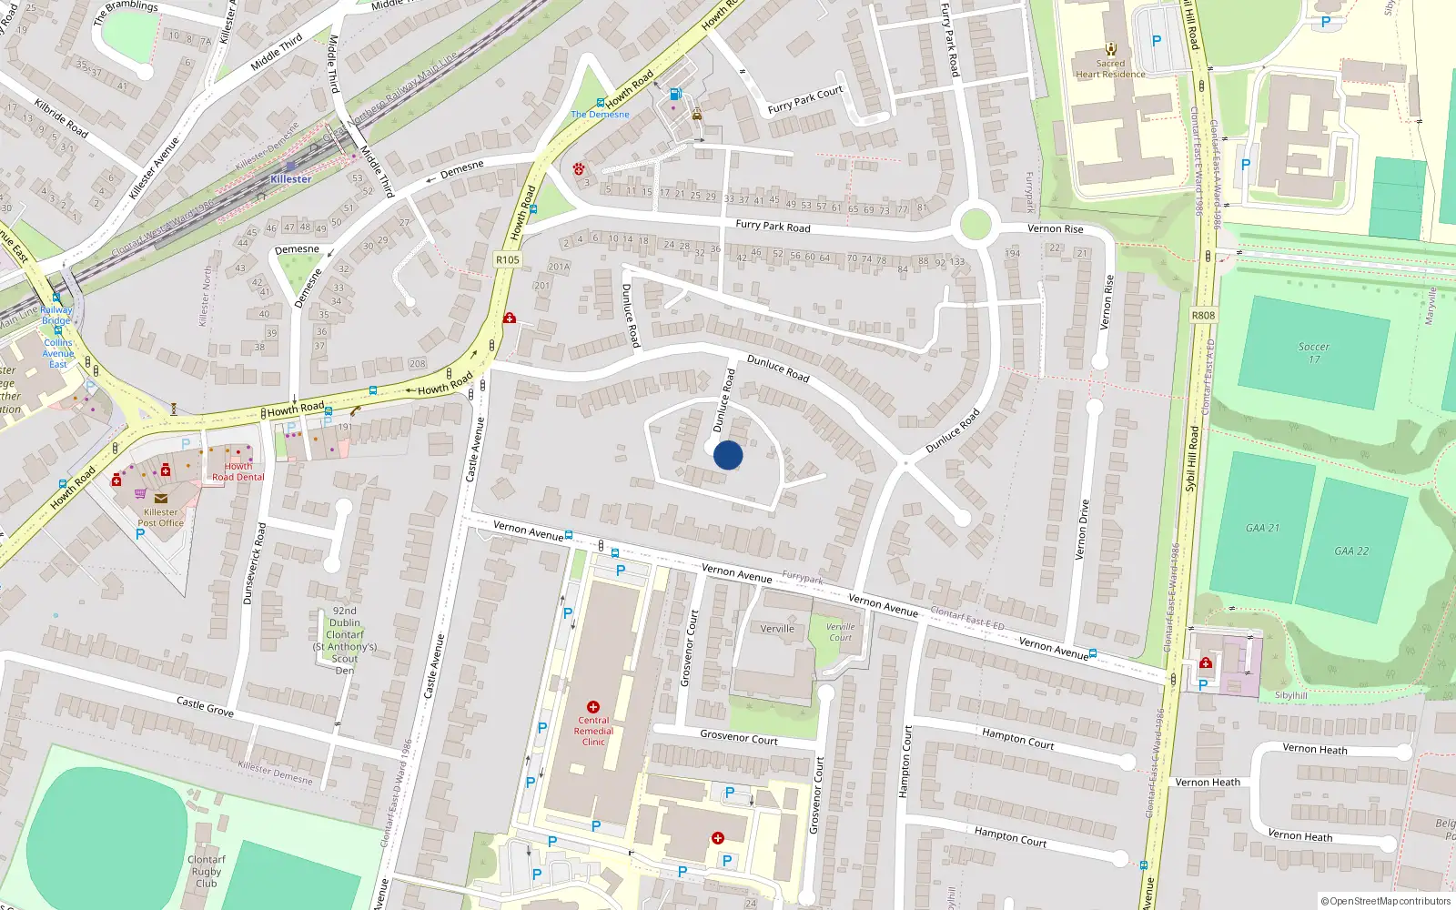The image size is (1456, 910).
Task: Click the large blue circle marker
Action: [728, 455]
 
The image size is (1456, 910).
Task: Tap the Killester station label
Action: [290, 179]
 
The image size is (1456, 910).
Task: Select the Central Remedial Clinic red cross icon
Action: [593, 707]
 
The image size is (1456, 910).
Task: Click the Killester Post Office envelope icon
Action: [161, 499]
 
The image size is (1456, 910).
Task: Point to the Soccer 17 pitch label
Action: [1313, 353]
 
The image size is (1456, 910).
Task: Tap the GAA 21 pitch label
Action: [1262, 528]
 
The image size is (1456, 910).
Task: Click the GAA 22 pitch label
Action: [1351, 551]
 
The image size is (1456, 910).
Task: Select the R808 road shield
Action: [1203, 316]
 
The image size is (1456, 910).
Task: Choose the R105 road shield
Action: [508, 260]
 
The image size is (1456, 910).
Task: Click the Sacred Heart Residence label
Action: [1110, 69]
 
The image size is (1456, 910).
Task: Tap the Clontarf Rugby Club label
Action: [207, 871]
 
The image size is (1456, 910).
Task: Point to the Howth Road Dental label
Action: [238, 471]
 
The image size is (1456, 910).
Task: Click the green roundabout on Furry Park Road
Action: [975, 224]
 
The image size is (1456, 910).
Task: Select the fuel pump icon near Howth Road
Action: [675, 95]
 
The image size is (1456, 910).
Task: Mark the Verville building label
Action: [777, 629]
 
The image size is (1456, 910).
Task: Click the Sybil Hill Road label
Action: [1191, 460]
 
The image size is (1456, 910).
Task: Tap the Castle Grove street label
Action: [205, 706]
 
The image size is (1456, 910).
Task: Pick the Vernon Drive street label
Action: [1083, 530]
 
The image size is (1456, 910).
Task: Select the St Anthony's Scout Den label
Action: [345, 641]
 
